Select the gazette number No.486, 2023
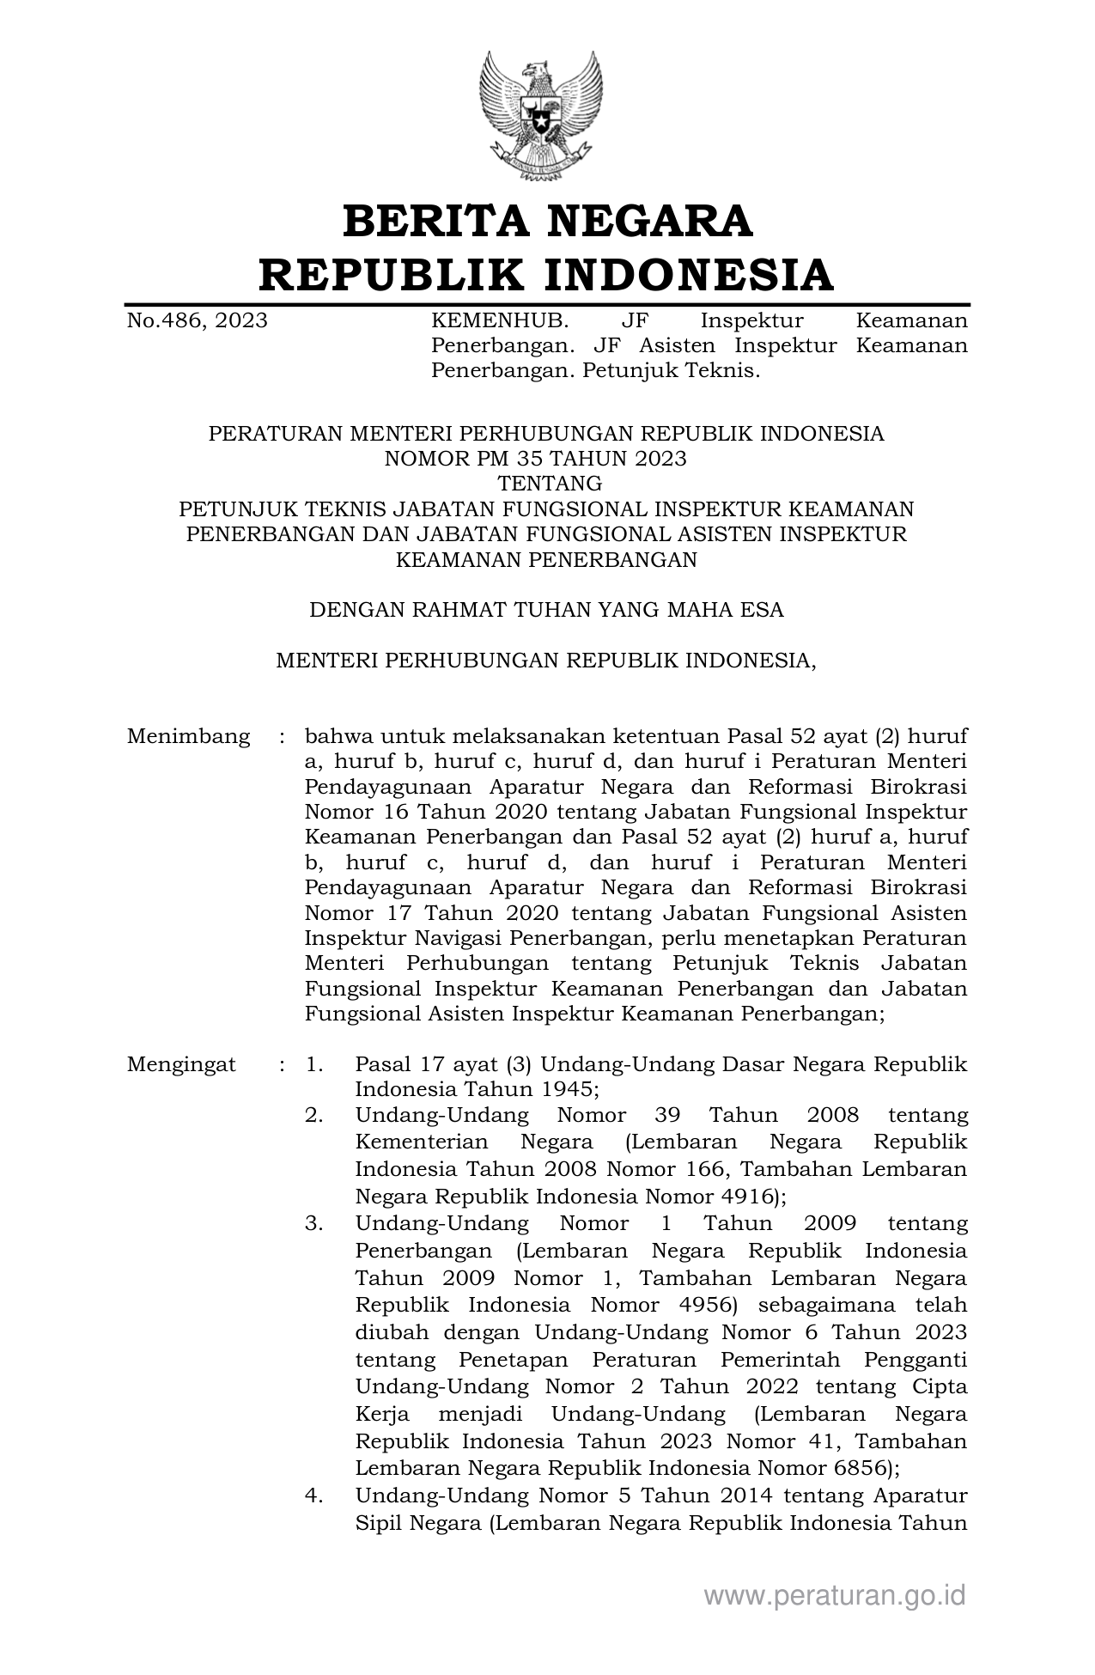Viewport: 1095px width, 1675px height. pyautogui.click(x=197, y=321)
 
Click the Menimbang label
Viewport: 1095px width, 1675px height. pyautogui.click(x=188, y=736)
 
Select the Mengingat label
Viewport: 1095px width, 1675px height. pyautogui.click(x=181, y=1065)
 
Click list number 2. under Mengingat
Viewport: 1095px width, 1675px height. pyautogui.click(x=313, y=1116)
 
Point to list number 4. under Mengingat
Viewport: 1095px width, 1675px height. pyautogui.click(x=313, y=1495)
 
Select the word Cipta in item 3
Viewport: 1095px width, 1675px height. pyautogui.click(x=942, y=1386)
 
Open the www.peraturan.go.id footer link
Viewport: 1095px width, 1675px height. pyautogui.click(x=835, y=1595)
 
